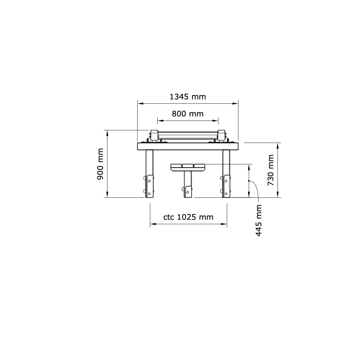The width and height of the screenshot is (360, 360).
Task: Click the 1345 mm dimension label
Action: coord(187,97)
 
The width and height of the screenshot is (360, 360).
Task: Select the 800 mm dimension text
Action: coord(187,114)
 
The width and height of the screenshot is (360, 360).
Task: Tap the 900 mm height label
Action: coord(100,164)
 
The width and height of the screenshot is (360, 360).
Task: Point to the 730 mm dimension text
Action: coord(271,170)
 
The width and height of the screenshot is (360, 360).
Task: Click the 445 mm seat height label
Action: coord(259,221)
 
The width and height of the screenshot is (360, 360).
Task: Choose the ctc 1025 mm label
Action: coord(188,217)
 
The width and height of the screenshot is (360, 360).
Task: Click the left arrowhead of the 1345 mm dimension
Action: coord(140,104)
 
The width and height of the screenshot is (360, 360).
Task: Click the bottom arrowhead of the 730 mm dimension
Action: coord(278,194)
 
